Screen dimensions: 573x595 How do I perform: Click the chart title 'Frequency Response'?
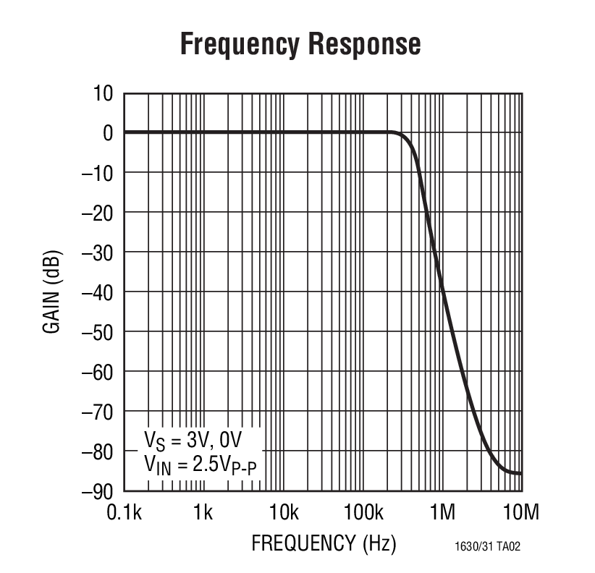[x=300, y=44]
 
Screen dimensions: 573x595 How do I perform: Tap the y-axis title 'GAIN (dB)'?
[x=52, y=292]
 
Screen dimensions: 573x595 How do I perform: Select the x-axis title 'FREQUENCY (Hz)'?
[x=324, y=543]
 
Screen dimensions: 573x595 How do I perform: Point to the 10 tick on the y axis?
[x=103, y=93]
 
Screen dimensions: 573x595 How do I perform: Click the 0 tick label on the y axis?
[x=108, y=133]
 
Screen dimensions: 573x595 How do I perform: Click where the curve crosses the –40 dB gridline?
[x=442, y=292]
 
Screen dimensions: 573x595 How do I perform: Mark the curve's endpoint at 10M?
[x=520, y=473]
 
